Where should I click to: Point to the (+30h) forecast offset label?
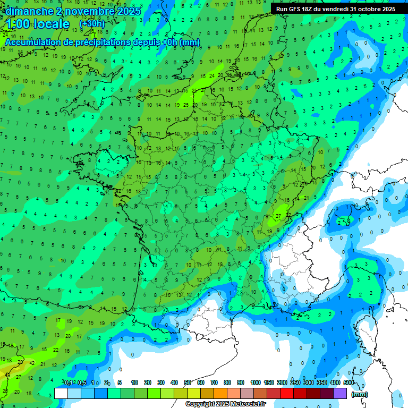tap(92, 24)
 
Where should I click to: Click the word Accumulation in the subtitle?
tap(37, 42)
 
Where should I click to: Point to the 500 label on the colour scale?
tap(348, 382)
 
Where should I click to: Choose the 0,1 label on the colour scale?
tap(69, 382)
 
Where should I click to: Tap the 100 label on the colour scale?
tap(256, 382)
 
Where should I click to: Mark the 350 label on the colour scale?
tap(322, 382)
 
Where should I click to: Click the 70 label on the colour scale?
tap(214, 382)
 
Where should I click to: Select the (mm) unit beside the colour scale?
tap(360, 394)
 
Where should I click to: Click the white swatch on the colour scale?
tap(61, 393)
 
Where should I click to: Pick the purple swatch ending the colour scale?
tap(341, 393)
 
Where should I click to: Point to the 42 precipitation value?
tap(32, 363)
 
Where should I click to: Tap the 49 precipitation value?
tap(6, 375)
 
